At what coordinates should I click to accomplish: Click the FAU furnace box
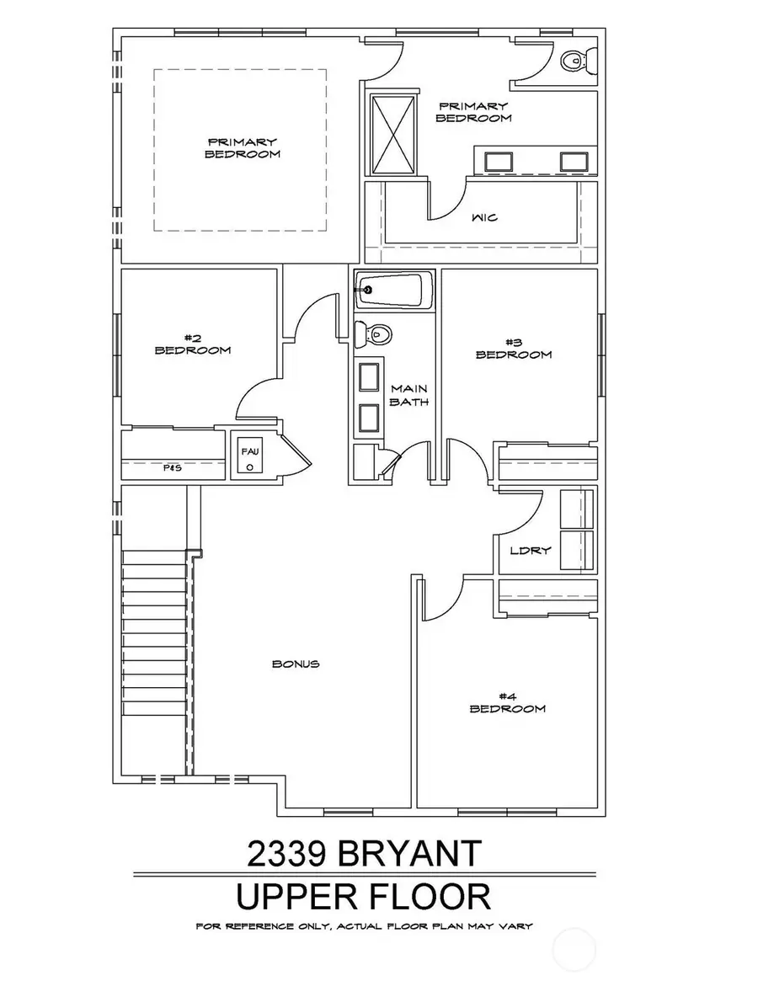tap(249, 458)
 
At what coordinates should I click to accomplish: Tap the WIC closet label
tap(485, 217)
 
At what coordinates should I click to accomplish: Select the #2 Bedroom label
tap(192, 345)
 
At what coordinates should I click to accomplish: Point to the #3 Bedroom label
tap(514, 349)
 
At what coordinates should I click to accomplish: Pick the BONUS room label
tap(296, 664)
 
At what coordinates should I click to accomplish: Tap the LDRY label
tap(531, 551)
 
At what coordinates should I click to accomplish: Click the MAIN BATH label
tap(410, 395)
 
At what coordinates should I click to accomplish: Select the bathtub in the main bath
tap(393, 291)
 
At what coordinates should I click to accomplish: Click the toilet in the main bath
tap(373, 334)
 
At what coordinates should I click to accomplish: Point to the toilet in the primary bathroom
tap(576, 60)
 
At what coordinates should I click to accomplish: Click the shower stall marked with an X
tap(393, 135)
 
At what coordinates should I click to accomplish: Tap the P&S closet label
tap(173, 467)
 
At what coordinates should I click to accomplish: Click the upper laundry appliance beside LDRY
tap(578, 509)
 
